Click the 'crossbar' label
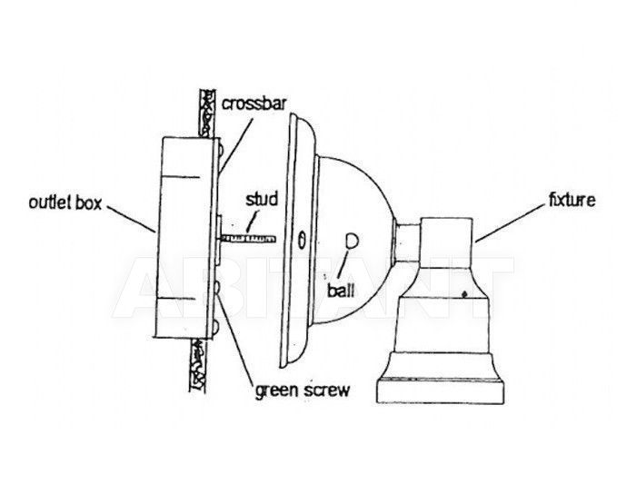coord(254,104)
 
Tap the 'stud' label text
coord(262,199)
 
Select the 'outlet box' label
coord(65,203)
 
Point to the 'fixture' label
coord(572,200)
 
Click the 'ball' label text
coord(341,291)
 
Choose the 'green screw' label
coord(303,390)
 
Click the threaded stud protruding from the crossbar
coord(248,239)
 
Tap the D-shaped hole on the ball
coord(352,241)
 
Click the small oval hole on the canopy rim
coord(303,241)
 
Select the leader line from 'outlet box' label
coord(131,219)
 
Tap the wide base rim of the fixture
coord(440,390)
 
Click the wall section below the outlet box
coord(199,365)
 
